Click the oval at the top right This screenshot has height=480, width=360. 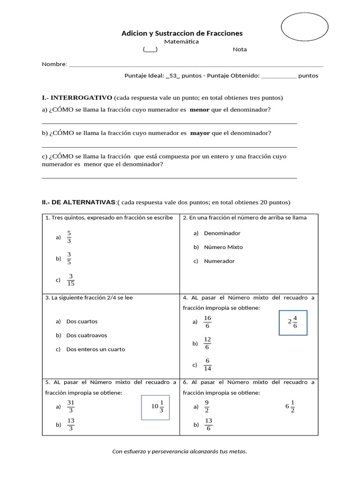pos(304,27)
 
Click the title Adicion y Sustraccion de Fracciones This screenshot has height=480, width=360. pos(182,33)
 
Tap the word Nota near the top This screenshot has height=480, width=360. pos(240,50)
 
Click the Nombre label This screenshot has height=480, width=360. pos(54,64)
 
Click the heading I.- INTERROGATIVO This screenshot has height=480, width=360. pos(77,98)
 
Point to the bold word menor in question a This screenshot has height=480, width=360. pos(199,110)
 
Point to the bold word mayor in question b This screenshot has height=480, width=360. pos(200,133)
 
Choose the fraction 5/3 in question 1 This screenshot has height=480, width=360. pos(69,237)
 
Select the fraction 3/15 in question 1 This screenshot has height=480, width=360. pos(71,279)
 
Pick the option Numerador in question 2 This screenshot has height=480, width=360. pos(219,261)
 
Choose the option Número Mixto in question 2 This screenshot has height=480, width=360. pos(223,247)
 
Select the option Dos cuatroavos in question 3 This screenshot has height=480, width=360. pos(87,335)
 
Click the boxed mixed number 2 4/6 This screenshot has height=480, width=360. pos(293,322)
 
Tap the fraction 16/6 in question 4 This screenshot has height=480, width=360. pos(208,322)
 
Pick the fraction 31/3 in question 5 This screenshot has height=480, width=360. pos(71,406)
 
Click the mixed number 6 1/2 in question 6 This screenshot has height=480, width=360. pos(290,406)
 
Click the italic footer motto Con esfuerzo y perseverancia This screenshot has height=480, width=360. pos(180,451)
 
